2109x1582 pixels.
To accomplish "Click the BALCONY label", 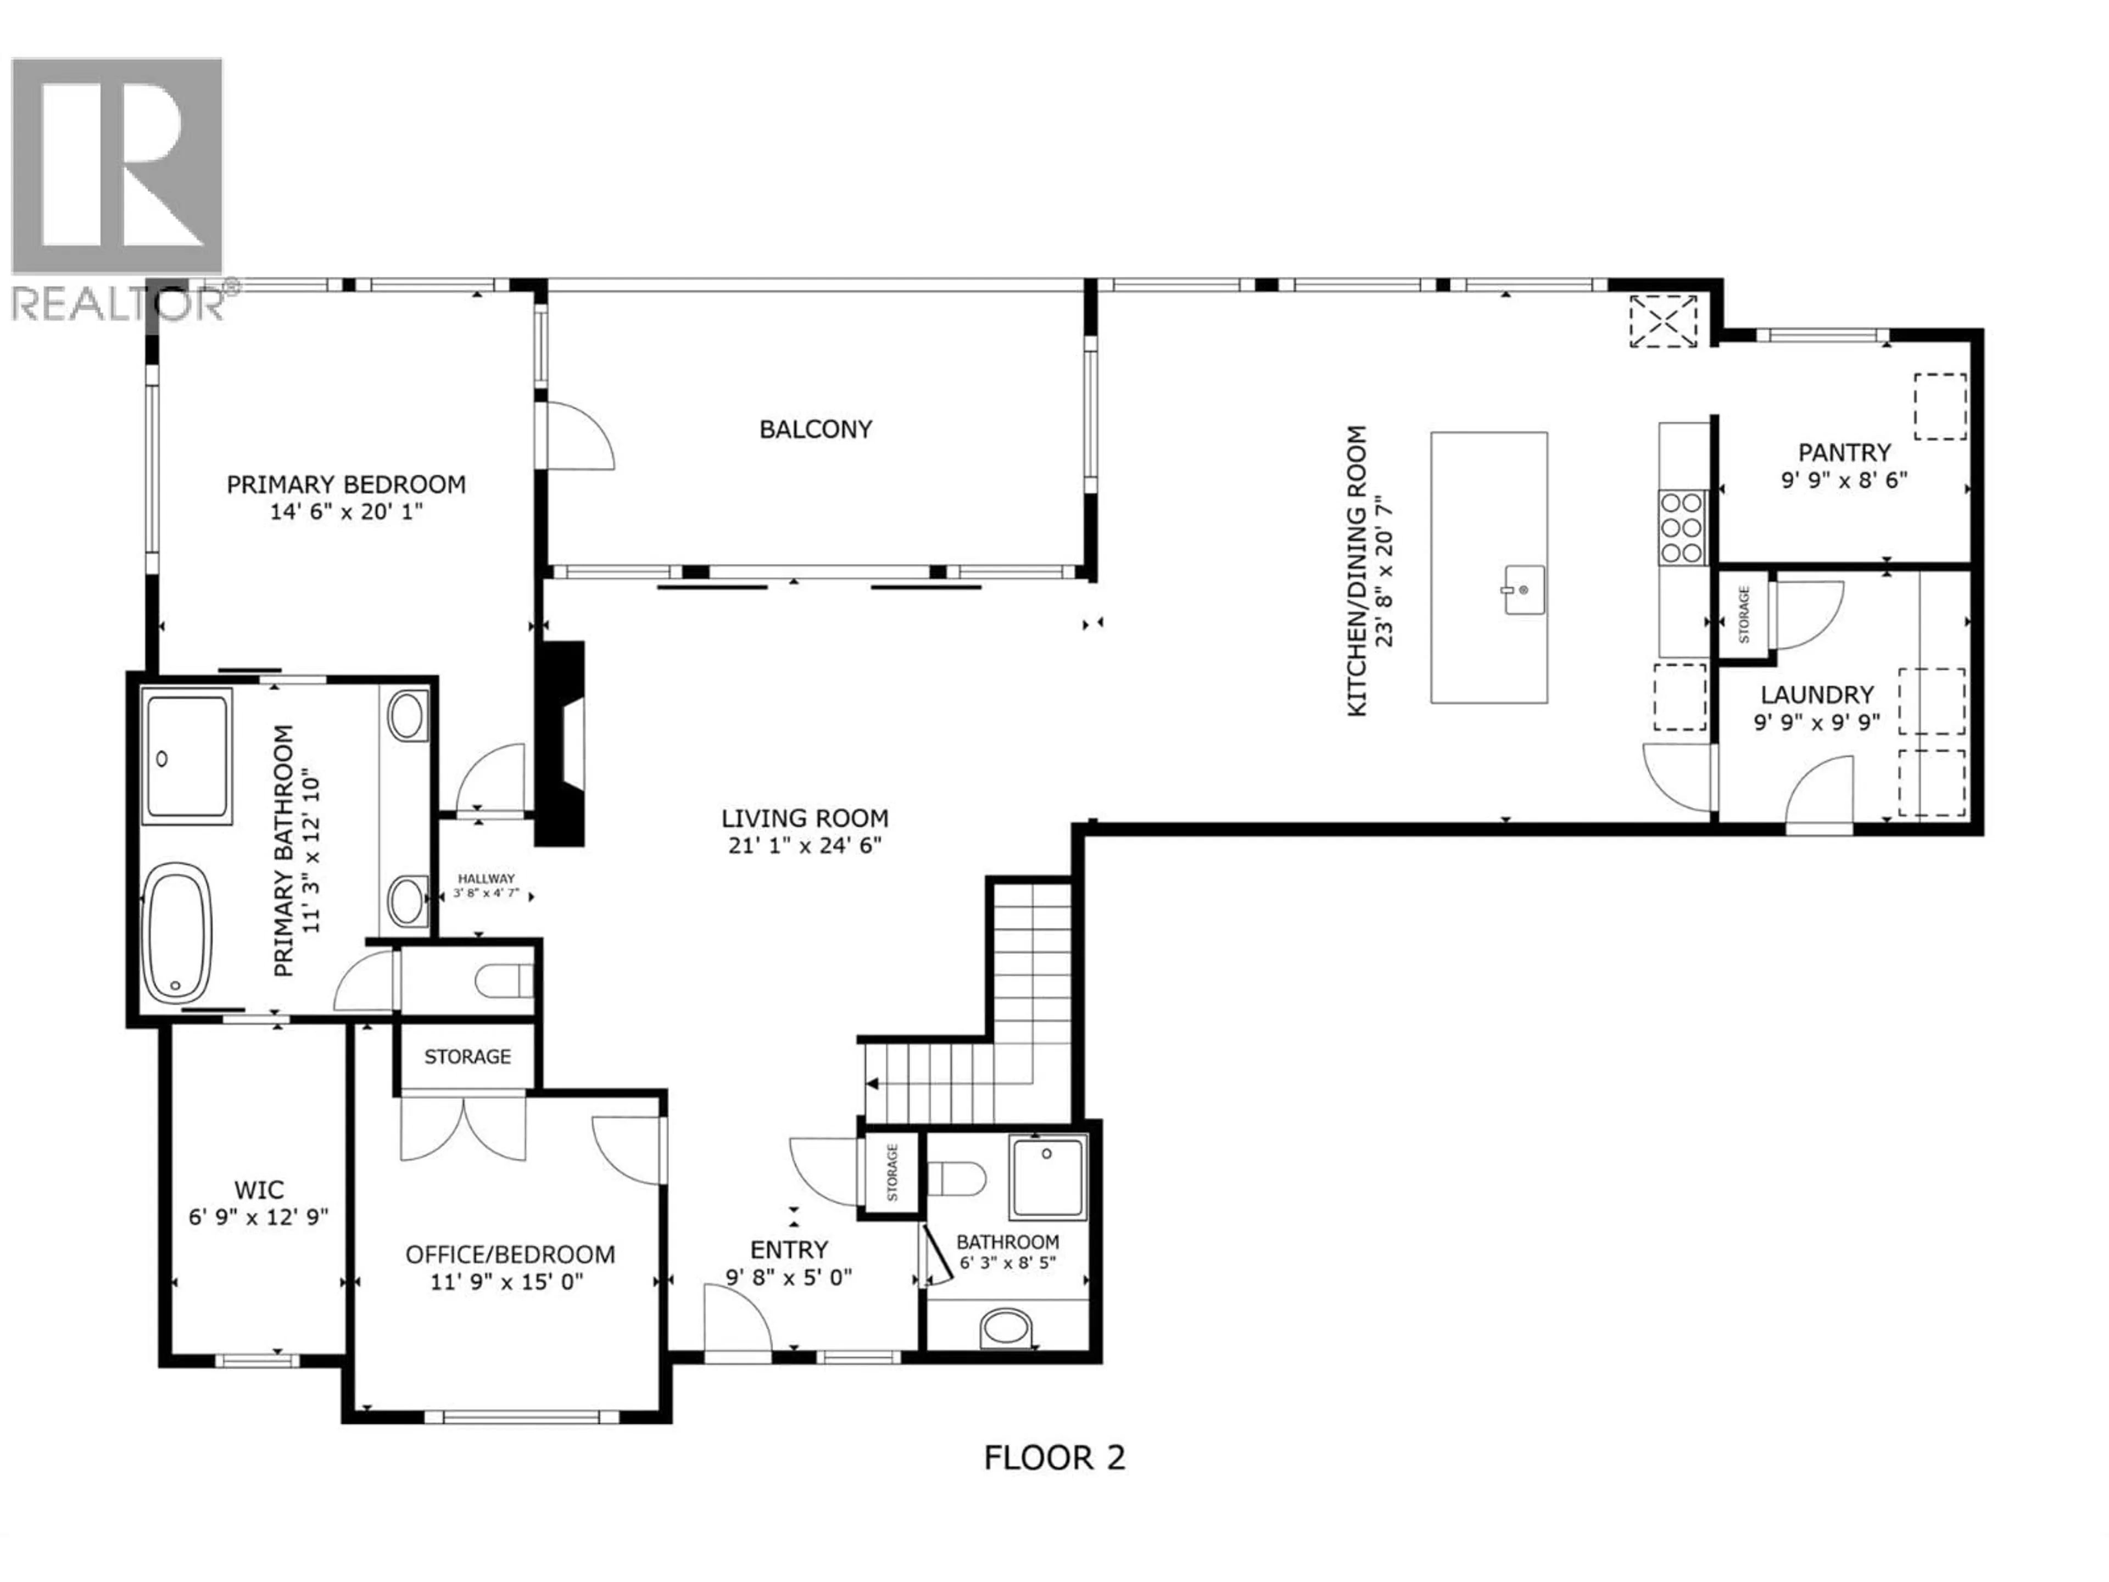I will coord(815,430).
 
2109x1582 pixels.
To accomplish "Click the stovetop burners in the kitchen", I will coord(1682,526).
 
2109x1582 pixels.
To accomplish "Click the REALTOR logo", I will coord(118,187).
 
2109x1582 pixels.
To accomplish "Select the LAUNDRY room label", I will coord(1816,694).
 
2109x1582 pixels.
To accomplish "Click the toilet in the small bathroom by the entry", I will coord(956,1179).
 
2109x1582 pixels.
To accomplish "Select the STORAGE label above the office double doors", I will coord(467,1056).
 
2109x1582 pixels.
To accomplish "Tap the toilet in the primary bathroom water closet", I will coord(504,979).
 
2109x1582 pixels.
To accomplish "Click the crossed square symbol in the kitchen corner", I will coord(1664,321).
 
